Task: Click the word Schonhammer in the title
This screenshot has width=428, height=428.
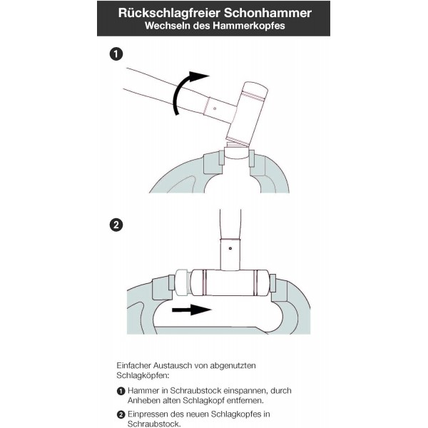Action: (268, 13)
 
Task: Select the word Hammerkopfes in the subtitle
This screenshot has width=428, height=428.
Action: (249, 26)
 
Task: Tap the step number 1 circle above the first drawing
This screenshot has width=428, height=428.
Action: (116, 54)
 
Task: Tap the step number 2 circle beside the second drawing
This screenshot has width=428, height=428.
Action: (116, 225)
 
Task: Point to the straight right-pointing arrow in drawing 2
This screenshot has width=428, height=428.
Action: (192, 310)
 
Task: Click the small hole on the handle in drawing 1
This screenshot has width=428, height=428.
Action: (215, 108)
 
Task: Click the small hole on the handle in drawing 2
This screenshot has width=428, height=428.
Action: (230, 248)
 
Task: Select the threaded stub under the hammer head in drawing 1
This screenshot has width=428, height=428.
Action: (236, 143)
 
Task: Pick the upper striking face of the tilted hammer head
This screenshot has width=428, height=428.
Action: (255, 91)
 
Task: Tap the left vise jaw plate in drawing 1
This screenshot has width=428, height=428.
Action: (222, 158)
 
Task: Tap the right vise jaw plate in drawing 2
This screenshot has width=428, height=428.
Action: (272, 283)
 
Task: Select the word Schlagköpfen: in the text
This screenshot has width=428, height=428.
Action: (143, 375)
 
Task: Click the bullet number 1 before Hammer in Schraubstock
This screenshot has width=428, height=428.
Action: (121, 391)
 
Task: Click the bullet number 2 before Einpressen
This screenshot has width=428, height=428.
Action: (121, 414)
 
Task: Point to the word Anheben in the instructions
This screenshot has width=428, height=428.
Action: (144, 400)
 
